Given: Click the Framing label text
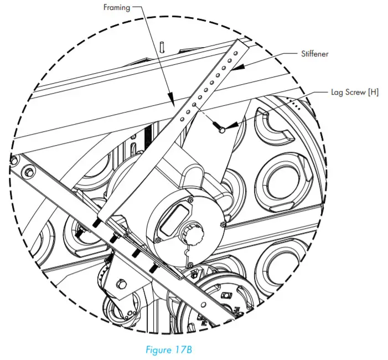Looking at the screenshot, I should coord(117,8).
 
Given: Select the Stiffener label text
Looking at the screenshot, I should coord(315,55).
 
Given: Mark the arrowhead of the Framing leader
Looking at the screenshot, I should coord(172,102).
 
